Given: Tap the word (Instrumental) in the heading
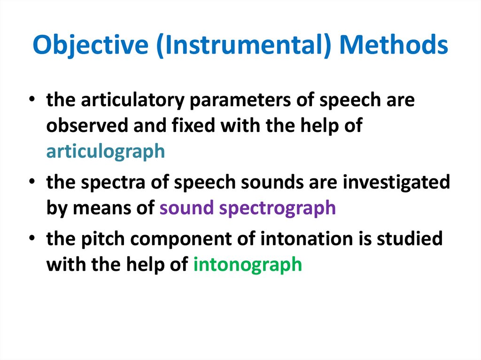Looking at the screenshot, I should point(245,46).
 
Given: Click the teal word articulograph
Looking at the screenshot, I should point(106,152).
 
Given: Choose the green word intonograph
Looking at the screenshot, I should point(248,264).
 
